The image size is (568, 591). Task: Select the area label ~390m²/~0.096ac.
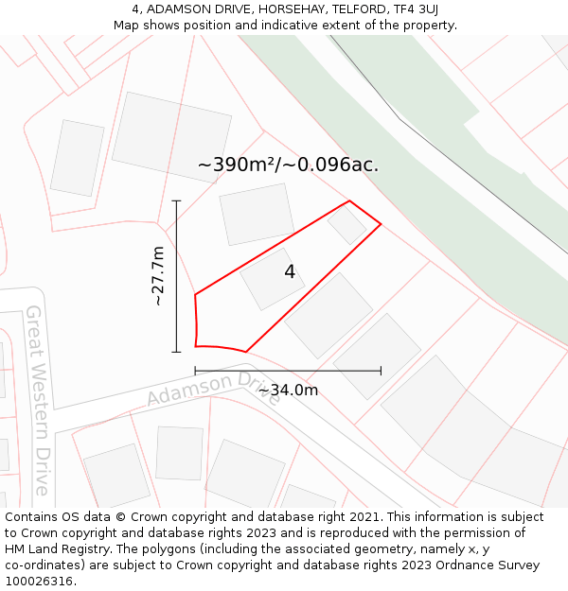point(288,165)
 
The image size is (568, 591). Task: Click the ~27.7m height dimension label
point(157,276)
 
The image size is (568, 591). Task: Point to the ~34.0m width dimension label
point(288,390)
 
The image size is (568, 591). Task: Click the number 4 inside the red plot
point(290,272)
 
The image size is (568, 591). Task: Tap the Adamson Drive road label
point(214,388)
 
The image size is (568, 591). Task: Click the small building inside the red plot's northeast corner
point(347,225)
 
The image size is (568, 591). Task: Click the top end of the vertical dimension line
point(176,200)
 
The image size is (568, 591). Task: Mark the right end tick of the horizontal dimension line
point(381,371)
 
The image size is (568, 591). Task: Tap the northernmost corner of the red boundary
point(349,200)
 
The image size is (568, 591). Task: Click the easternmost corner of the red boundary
point(381,224)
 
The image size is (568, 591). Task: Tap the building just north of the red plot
point(257,214)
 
